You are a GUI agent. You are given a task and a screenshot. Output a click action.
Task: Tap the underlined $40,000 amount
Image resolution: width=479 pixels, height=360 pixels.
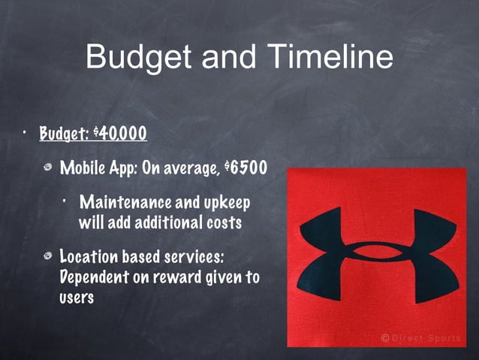tap(119, 135)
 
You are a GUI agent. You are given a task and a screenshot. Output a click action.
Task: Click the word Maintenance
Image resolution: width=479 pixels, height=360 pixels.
tap(125, 203)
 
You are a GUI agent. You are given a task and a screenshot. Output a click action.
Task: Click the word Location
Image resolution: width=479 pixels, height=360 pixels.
tap(91, 258)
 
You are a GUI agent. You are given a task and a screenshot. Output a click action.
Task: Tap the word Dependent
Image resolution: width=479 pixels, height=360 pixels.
tap(92, 277)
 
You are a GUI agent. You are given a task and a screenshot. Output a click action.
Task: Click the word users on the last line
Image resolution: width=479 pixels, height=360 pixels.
tap(76, 297)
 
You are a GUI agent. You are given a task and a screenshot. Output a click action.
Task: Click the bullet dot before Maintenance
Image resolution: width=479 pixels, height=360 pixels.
tap(67, 201)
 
